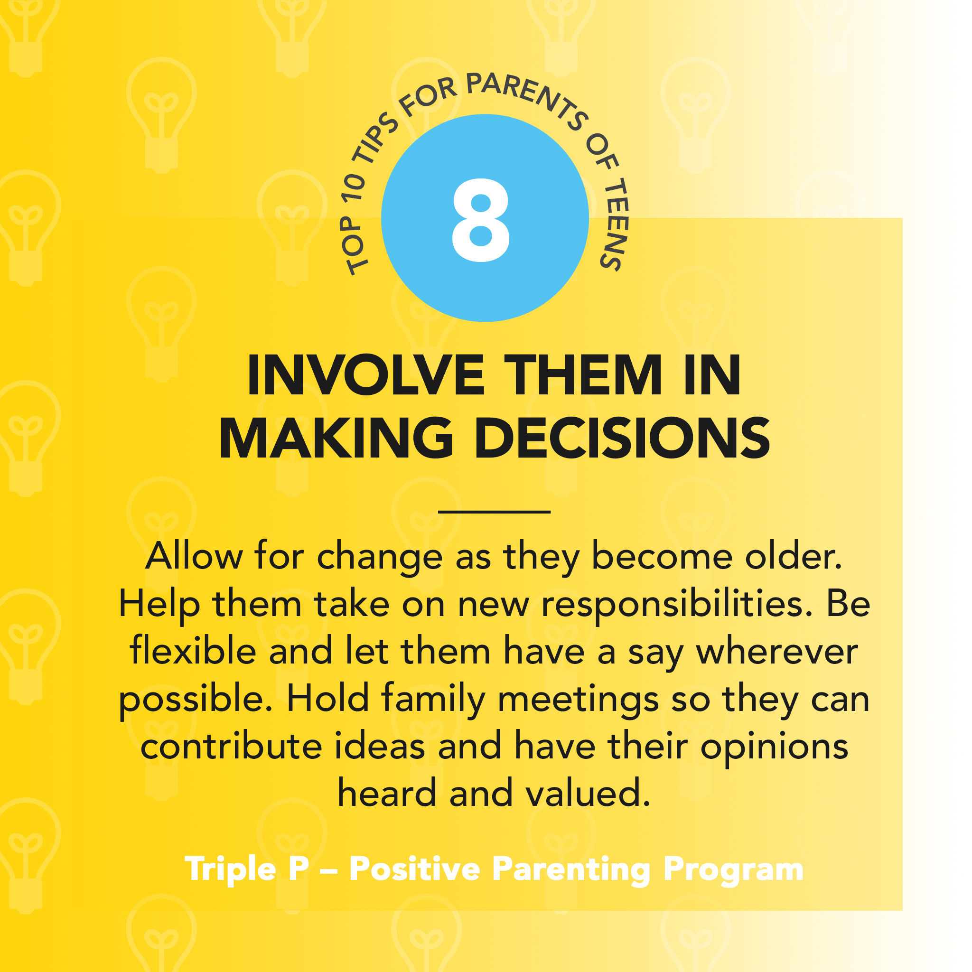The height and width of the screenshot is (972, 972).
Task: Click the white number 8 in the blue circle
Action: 481,220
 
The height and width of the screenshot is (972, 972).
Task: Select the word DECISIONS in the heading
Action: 622,438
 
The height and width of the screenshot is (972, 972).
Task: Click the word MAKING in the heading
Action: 336,438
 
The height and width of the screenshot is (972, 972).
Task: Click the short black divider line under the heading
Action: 495,512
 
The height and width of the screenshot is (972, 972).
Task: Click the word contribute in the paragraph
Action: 232,746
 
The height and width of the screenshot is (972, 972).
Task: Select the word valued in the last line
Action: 588,794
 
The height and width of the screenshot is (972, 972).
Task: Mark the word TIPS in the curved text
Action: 375,139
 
